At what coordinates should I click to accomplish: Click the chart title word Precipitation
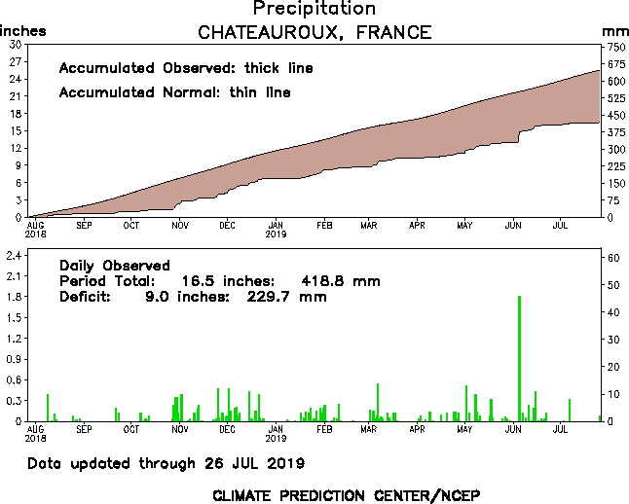pos(314,9)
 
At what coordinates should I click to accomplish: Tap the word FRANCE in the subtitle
pos(393,32)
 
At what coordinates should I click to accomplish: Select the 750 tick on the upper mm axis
pos(615,45)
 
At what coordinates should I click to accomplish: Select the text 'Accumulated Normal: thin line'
pos(174,92)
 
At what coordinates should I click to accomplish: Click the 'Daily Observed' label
pos(115,266)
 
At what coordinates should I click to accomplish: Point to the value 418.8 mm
pos(339,281)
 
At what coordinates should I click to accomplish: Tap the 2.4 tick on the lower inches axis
pos(15,255)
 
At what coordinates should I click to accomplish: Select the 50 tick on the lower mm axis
pos(613,284)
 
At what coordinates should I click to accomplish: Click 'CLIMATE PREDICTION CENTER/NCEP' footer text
pos(346,494)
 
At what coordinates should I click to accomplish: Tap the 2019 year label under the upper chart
pos(276,234)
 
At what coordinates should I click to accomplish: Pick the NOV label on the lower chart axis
pos(179,429)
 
